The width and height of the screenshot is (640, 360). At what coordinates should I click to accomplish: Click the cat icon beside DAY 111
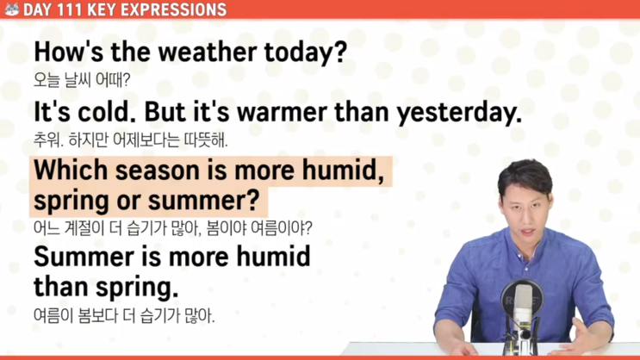click(x=12, y=9)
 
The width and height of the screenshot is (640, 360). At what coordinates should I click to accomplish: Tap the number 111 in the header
click(x=69, y=9)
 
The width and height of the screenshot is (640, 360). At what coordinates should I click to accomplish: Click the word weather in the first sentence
click(x=208, y=53)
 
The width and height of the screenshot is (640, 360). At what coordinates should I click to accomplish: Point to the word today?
click(x=305, y=53)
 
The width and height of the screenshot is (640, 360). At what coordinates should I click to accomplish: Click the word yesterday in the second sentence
click(x=459, y=113)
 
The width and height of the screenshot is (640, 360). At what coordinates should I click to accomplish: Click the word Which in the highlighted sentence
click(x=71, y=170)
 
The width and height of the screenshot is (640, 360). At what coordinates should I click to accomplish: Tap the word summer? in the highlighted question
click(x=203, y=201)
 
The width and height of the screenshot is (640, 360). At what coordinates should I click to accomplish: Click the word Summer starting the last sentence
click(x=84, y=258)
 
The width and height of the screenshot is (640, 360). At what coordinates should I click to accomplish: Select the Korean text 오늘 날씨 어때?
click(x=82, y=79)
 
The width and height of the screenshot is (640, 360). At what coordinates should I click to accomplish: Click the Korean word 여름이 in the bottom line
click(x=53, y=315)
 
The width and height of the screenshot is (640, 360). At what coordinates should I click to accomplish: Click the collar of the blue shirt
click(x=526, y=245)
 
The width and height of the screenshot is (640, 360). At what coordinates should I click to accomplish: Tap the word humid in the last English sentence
click(x=273, y=258)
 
